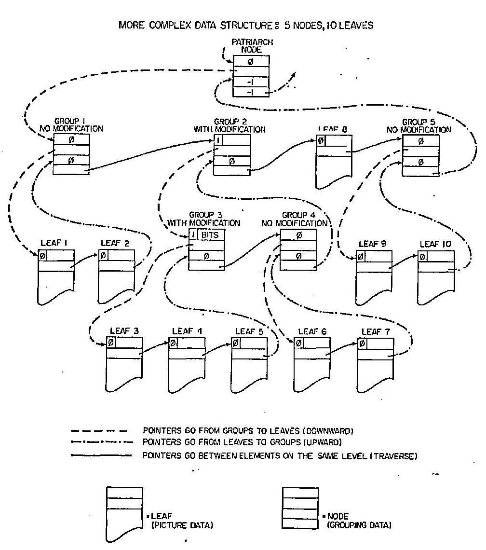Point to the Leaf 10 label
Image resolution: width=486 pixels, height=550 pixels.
tap(435, 245)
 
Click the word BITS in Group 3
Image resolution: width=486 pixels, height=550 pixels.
tap(210, 235)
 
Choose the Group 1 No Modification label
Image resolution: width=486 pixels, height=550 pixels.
tap(71, 125)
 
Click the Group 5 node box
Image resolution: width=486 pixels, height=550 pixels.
tap(420, 155)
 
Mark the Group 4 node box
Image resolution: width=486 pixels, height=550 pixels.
tap(298, 249)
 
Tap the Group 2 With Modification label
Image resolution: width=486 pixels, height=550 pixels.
tap(229, 125)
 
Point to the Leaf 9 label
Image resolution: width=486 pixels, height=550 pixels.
tap(373, 245)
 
